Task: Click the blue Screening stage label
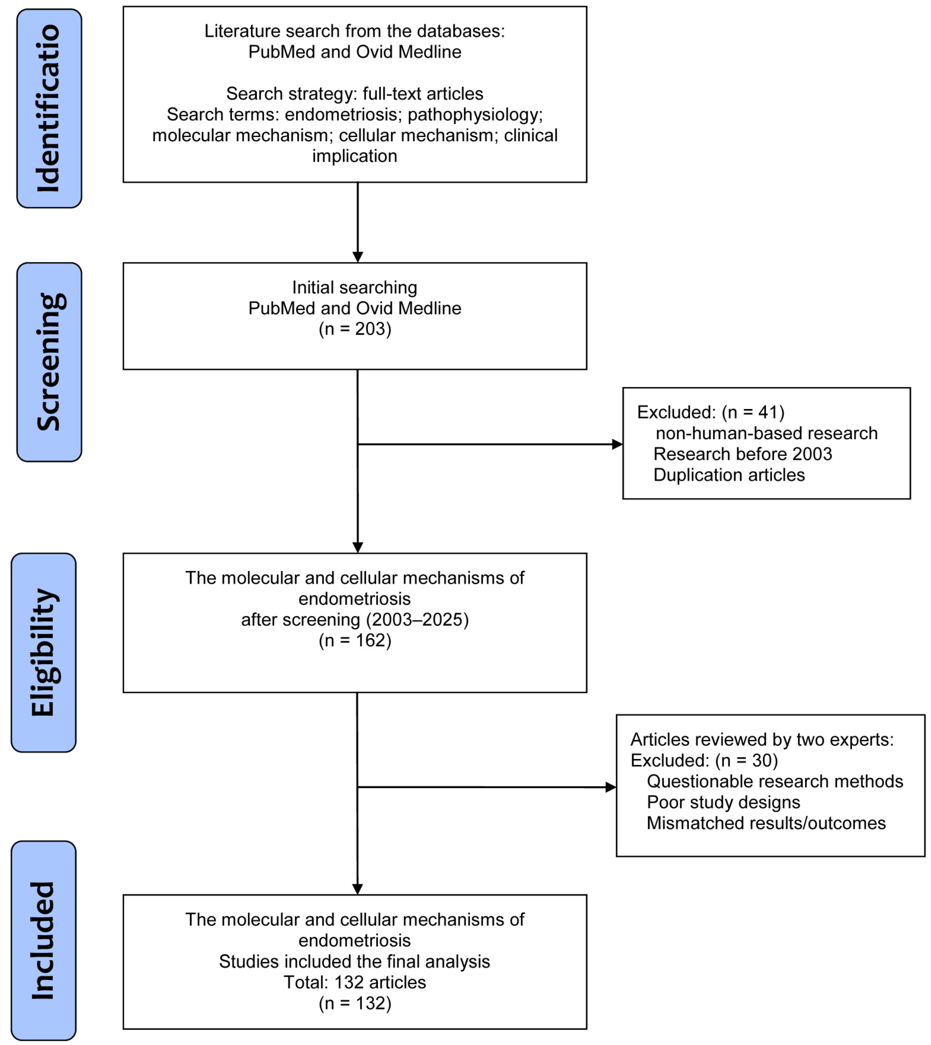[49, 362]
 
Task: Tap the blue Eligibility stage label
[43, 652]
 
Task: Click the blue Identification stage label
[49, 108]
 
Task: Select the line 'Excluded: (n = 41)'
[711, 412]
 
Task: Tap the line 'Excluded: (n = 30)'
[704, 760]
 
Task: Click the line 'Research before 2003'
[743, 454]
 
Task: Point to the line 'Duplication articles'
[729, 475]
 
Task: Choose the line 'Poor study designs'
[723, 802]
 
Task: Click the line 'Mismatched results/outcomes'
[766, 823]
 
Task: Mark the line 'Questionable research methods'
[774, 781]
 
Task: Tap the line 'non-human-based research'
[766, 433]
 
